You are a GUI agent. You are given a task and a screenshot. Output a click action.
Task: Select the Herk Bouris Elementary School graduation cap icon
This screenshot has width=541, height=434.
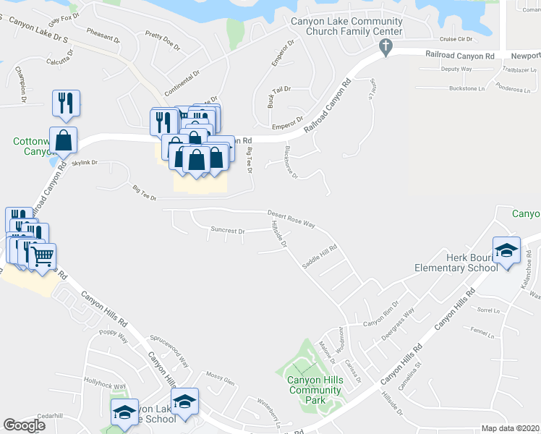click(506, 250)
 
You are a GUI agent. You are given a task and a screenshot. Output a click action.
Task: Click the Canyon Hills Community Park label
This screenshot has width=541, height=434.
click(314, 390)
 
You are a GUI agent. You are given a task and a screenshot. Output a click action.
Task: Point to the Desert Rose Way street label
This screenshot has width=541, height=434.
click(291, 218)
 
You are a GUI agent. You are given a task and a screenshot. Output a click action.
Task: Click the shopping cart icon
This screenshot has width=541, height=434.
click(43, 255)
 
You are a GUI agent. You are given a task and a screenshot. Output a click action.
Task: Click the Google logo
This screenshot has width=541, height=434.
click(23, 425)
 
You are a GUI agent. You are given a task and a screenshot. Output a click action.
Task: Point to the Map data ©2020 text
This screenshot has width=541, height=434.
click(510, 428)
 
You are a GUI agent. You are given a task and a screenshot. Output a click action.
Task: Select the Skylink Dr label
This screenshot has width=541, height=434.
click(85, 163)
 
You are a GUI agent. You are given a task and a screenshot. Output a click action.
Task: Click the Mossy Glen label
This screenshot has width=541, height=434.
click(221, 378)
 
